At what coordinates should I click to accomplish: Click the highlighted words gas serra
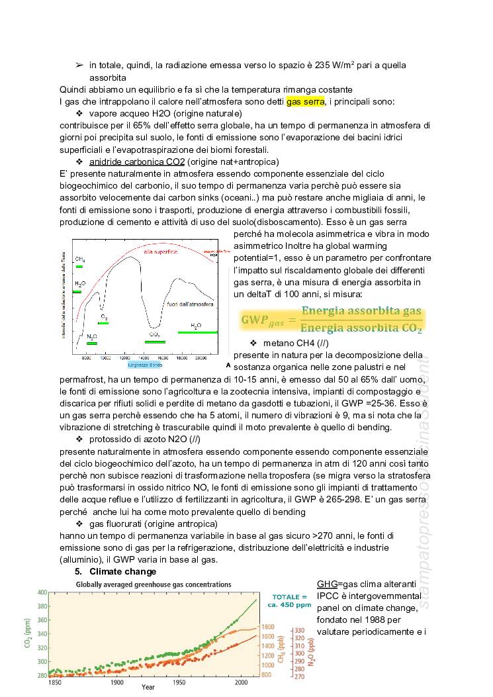(305, 101)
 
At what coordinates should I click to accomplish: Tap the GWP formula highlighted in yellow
(331, 320)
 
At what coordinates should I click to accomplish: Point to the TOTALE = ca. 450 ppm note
(290, 600)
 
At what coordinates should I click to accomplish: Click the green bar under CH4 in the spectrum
(79, 266)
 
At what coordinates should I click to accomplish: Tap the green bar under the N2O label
(92, 344)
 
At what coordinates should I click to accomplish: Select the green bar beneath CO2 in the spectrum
(155, 342)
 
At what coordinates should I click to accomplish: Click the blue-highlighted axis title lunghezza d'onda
(146, 365)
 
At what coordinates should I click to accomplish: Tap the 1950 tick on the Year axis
(180, 682)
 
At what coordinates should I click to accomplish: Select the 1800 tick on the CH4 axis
(267, 627)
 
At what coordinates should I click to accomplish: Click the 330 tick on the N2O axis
(299, 630)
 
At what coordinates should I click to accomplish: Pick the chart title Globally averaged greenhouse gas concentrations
(154, 584)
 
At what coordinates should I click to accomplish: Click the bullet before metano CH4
(253, 344)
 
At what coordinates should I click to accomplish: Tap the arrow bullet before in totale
(79, 65)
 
